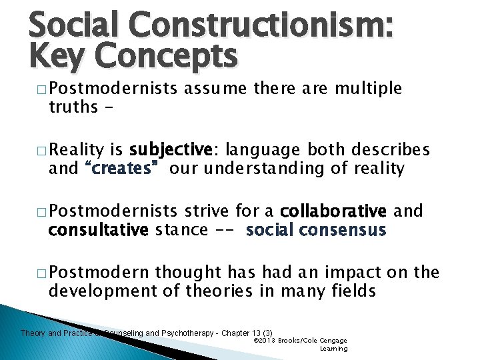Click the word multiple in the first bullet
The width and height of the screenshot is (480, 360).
pyautogui.click(x=368, y=89)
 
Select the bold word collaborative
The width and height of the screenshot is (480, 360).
pyautogui.click(x=333, y=212)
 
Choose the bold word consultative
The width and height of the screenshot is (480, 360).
pyautogui.click(x=98, y=231)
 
